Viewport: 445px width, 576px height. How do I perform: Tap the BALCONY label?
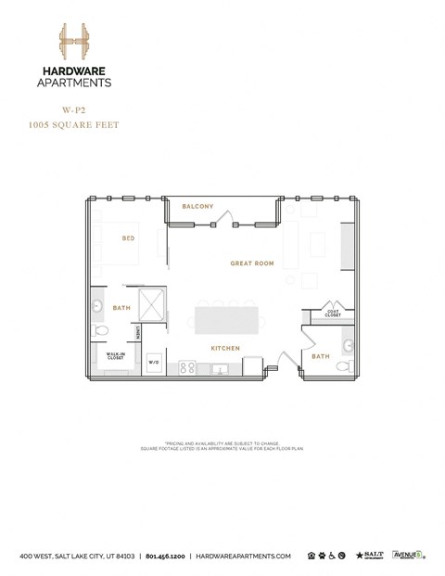pos(198,206)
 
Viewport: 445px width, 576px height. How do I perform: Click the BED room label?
pos(129,238)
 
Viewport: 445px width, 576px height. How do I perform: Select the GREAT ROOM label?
pos(252,264)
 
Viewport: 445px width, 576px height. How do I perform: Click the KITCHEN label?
pos(225,348)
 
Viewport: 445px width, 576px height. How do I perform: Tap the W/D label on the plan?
pos(154,362)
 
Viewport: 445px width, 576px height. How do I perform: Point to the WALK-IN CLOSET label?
pos(115,355)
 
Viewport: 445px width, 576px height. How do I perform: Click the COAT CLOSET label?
pos(332,314)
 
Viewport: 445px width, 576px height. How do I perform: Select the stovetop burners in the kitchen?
pos(186,366)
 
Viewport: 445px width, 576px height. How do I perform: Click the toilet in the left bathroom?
pos(103,330)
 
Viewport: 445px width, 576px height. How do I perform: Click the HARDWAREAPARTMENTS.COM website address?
pos(242,556)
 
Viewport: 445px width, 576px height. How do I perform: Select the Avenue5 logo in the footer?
pos(408,555)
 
